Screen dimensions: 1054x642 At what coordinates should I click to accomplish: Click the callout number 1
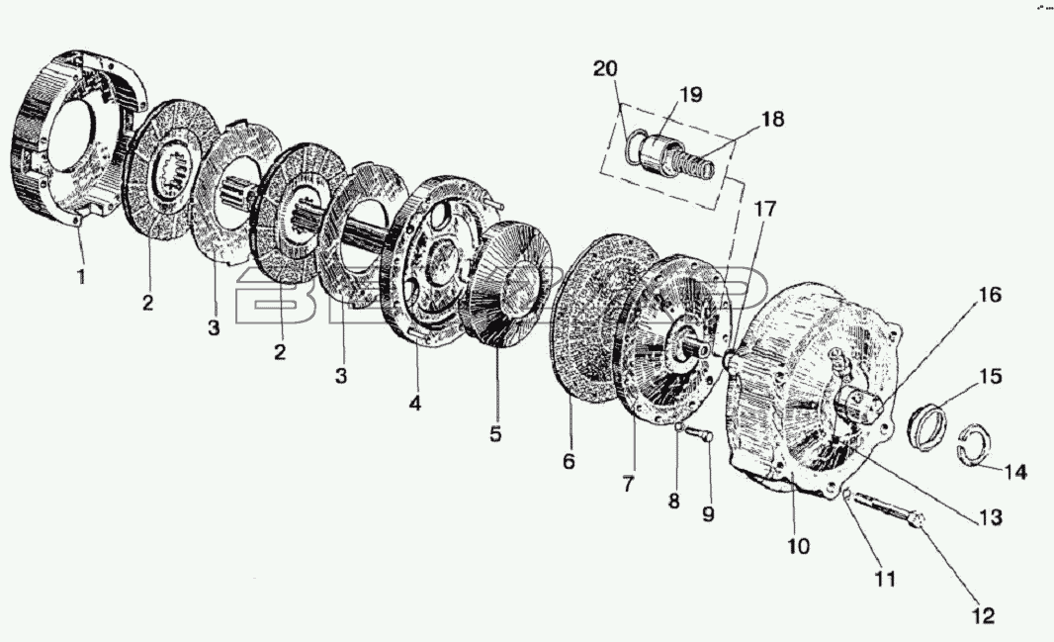click(81, 276)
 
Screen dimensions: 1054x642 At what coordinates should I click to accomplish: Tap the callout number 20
click(605, 68)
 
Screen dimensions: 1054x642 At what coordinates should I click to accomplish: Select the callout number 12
click(983, 615)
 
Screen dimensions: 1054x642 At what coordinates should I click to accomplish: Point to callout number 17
click(763, 209)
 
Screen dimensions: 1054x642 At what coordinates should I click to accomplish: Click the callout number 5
click(495, 433)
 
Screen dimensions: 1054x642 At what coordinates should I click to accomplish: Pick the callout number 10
click(799, 546)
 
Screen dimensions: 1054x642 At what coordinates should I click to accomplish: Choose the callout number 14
click(1015, 472)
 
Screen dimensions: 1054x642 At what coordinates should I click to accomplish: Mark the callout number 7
click(628, 484)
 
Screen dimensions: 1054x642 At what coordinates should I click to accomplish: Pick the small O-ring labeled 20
click(633, 146)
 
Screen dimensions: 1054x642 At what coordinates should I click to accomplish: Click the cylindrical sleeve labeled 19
click(660, 156)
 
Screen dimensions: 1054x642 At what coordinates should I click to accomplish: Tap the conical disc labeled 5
click(509, 284)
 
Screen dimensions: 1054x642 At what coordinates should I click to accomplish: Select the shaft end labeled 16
click(861, 406)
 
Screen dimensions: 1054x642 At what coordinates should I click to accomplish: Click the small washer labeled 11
click(847, 496)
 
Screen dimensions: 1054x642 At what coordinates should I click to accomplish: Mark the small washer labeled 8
click(679, 426)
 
